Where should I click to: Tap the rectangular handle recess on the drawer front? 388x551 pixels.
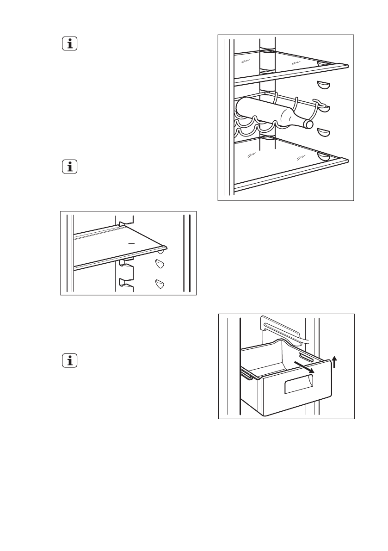tap(297, 384)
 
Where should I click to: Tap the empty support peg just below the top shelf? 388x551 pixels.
tap(323, 85)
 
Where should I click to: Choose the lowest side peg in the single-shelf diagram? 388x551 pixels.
tap(160, 284)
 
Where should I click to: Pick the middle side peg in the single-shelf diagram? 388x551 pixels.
tap(160, 264)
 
